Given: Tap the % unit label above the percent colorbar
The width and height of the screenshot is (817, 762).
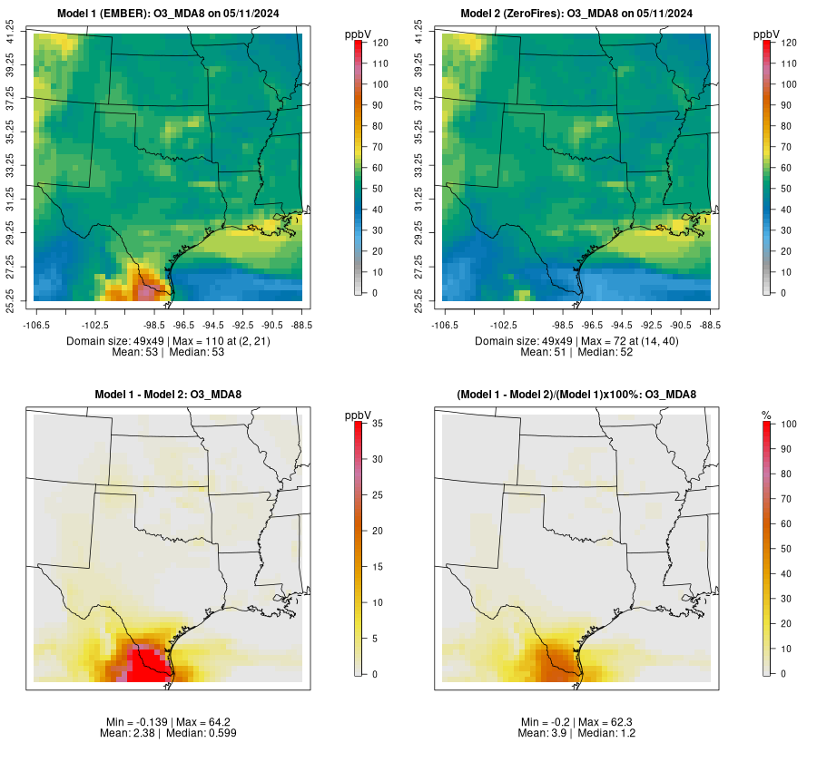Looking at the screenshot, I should click(766, 415).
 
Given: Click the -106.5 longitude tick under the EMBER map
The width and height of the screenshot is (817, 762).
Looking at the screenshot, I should click(36, 324).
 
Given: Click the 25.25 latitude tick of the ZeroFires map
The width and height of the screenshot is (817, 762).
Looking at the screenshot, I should click(420, 300).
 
